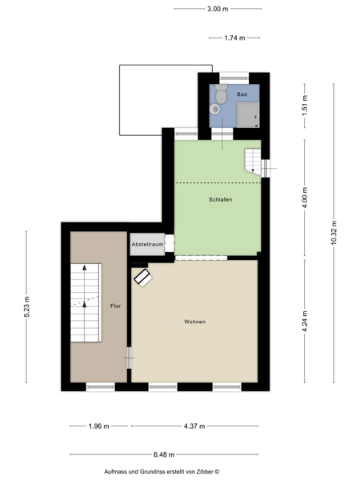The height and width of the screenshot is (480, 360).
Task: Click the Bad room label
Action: click(x=242, y=94)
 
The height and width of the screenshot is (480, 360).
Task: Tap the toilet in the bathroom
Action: click(x=221, y=94)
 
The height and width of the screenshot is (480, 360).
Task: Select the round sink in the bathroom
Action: click(x=214, y=109)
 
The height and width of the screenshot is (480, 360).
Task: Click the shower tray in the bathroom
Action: click(x=248, y=114)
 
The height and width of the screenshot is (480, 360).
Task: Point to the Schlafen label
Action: click(x=221, y=199)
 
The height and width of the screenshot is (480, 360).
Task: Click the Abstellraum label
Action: click(x=147, y=244)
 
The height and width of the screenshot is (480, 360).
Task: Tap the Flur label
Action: click(x=115, y=306)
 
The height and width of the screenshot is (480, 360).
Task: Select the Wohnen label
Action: click(x=194, y=322)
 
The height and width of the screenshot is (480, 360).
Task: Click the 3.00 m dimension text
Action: click(x=218, y=9)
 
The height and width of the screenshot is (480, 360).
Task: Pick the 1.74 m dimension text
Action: click(x=234, y=38)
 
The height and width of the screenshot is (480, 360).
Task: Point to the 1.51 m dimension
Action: click(x=305, y=106)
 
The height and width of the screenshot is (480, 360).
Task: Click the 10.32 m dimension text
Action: click(x=334, y=233)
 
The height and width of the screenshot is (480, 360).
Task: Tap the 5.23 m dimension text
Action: click(x=26, y=306)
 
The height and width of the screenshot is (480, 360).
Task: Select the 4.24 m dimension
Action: click(x=305, y=321)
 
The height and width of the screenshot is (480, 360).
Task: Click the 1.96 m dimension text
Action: click(x=99, y=426)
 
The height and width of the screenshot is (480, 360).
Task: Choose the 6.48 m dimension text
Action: click(x=164, y=454)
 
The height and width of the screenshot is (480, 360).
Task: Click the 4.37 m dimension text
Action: click(x=194, y=426)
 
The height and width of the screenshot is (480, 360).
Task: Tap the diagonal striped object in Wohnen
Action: click(x=143, y=278)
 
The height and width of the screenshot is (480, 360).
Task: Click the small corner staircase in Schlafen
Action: click(x=253, y=162)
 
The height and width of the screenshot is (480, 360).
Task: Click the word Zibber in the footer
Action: click(x=205, y=472)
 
